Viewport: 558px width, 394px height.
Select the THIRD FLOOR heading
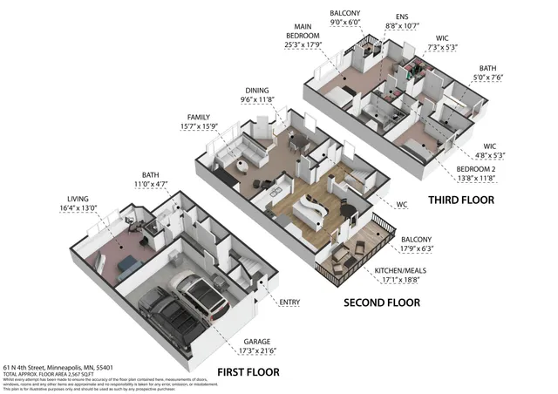click(x=460, y=200)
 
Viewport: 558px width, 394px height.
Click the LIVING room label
click(x=71, y=199)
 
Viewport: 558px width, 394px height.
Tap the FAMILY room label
click(x=199, y=117)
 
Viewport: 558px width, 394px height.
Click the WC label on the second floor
click(x=402, y=206)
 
